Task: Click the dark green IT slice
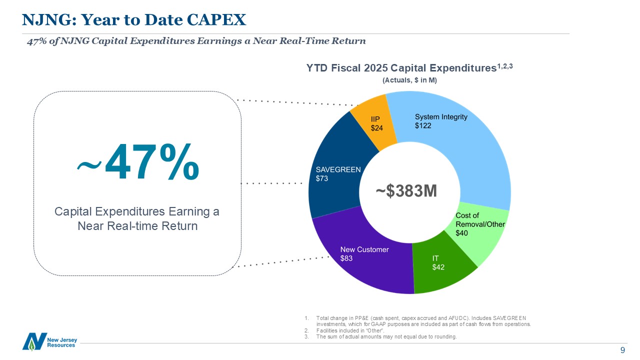pyautogui.click(x=440, y=267)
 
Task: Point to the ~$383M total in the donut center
pyautogui.click(x=406, y=190)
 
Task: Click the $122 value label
pyautogui.click(x=423, y=126)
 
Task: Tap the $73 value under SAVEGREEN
pyautogui.click(x=322, y=178)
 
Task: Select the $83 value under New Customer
pyautogui.click(x=346, y=258)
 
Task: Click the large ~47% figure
pyautogui.click(x=138, y=162)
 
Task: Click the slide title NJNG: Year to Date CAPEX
pyautogui.click(x=134, y=19)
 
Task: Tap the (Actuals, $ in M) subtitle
pyautogui.click(x=409, y=80)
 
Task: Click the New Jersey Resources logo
pyautogui.click(x=49, y=341)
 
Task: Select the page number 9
pyautogui.click(x=622, y=350)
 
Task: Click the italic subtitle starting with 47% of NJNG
pyautogui.click(x=196, y=41)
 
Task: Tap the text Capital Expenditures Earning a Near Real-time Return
pyautogui.click(x=137, y=219)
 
